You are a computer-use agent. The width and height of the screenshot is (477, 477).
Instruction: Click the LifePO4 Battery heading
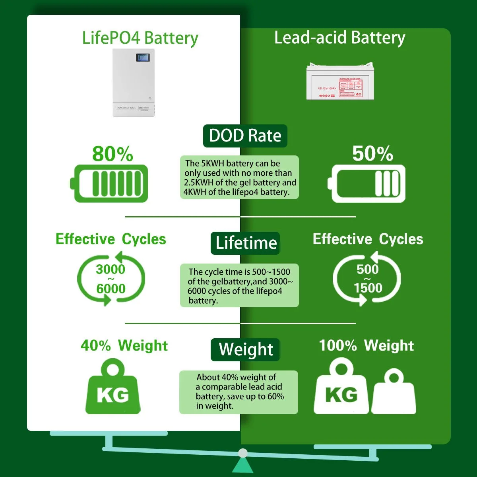click(x=140, y=38)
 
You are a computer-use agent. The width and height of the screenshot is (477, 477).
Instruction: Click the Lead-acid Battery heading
click(x=339, y=38)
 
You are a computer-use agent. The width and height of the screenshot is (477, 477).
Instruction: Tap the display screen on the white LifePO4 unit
click(x=143, y=58)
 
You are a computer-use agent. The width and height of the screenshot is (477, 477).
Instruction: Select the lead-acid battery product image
click(x=340, y=81)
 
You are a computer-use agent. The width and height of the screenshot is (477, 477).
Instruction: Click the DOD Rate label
click(x=245, y=136)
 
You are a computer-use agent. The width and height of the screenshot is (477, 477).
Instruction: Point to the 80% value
click(x=112, y=154)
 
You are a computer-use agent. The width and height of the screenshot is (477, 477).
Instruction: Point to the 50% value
click(x=372, y=153)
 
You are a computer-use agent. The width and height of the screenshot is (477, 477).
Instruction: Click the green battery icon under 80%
click(x=111, y=184)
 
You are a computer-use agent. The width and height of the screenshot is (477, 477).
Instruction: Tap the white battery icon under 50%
click(x=367, y=184)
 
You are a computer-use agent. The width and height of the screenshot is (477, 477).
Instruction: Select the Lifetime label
click(x=246, y=243)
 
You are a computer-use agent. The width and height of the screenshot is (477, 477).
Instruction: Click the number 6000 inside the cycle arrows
click(x=111, y=289)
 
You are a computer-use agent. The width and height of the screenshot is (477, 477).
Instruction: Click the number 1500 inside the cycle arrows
click(x=368, y=288)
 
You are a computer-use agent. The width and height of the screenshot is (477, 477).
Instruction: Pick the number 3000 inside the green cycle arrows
click(x=111, y=269)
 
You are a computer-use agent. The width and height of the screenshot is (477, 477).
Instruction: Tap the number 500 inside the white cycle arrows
click(x=368, y=269)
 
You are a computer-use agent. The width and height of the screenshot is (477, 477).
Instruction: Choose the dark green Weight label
click(x=246, y=349)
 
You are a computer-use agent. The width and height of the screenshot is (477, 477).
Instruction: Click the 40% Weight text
click(x=124, y=345)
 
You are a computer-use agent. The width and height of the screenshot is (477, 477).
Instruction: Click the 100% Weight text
click(x=366, y=345)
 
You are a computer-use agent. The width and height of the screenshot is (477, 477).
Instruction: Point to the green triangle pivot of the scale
click(x=242, y=464)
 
